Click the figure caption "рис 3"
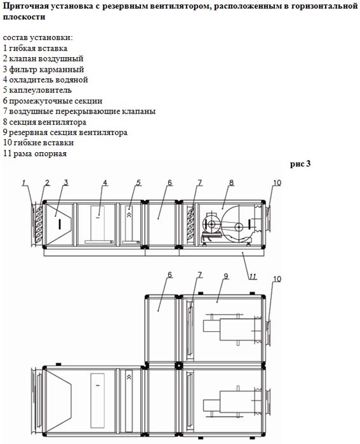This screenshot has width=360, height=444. point(300,164)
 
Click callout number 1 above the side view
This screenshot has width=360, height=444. point(24,183)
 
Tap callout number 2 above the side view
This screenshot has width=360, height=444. point(47,183)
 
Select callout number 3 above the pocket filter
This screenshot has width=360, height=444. point(66,183)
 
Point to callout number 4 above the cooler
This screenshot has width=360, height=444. point(105,183)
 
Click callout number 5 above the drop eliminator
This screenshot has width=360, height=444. point(138,183)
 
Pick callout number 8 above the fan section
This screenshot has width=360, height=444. point(232,183)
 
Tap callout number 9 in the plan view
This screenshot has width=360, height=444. point(225,276)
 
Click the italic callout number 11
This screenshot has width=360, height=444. point(253,277)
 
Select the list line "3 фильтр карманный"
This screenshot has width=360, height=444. point(44,69)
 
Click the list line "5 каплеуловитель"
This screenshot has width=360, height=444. point(37,90)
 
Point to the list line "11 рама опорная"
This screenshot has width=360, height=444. point(35,153)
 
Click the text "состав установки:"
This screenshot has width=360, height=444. point(37,37)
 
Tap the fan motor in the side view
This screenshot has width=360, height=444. point(211,225)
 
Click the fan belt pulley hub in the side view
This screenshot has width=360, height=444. point(239,227)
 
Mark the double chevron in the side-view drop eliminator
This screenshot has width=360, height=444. point(130,214)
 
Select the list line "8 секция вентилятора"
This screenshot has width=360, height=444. point(44,122)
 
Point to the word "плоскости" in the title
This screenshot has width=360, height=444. point(24,16)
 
